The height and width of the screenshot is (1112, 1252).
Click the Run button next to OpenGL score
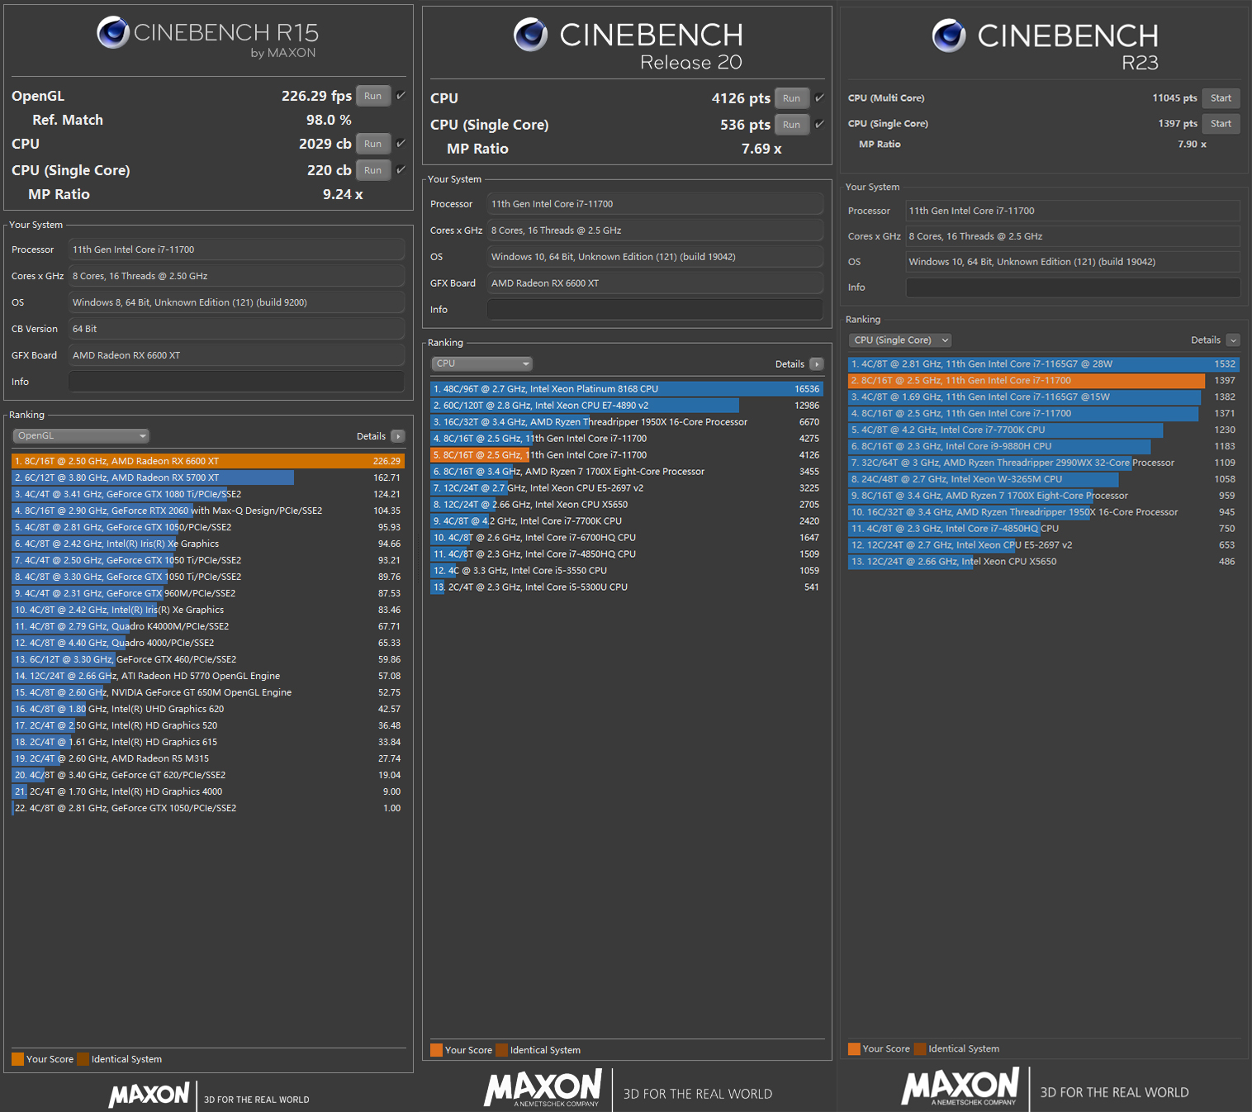pyautogui.click(x=372, y=96)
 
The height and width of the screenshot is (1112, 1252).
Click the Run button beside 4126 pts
pyautogui.click(x=791, y=98)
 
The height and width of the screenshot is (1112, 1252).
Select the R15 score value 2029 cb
pyautogui.click(x=325, y=144)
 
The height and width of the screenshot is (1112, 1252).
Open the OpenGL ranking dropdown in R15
pyautogui.click(x=81, y=435)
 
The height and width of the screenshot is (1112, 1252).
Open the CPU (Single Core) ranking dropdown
pyautogui.click(x=899, y=340)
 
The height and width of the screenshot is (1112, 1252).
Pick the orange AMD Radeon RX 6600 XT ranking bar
pyautogui.click(x=207, y=461)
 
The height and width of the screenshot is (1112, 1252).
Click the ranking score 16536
pyautogui.click(x=807, y=389)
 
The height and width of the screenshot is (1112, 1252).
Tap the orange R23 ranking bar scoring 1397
pyautogui.click(x=1026, y=381)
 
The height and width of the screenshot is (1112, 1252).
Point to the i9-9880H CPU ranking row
pyautogui.click(x=999, y=446)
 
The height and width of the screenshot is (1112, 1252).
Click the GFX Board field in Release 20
pyautogui.click(x=654, y=283)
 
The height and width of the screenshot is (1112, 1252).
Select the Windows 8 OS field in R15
pyautogui.click(x=236, y=302)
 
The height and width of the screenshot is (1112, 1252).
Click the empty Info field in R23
pyautogui.click(x=1072, y=288)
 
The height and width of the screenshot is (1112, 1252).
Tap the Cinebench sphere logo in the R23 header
pyautogui.click(x=948, y=36)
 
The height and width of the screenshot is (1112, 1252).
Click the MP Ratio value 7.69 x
pyautogui.click(x=761, y=149)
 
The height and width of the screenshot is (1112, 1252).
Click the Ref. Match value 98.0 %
pyautogui.click(x=329, y=120)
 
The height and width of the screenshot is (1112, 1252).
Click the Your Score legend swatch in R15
pyautogui.click(x=17, y=1059)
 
